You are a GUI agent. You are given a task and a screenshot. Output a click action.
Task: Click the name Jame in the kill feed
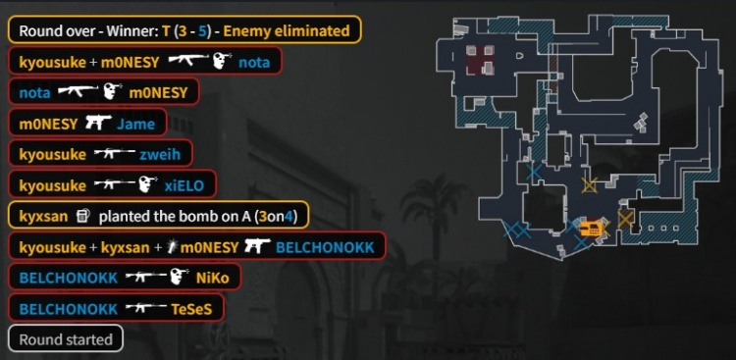[135, 124]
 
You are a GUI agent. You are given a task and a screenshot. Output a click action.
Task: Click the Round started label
[65, 339]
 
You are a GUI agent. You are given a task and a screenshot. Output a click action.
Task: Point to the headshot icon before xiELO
[148, 184]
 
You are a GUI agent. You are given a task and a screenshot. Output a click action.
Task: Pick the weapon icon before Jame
[96, 124]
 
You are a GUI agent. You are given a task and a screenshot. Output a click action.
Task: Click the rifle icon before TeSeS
[144, 308]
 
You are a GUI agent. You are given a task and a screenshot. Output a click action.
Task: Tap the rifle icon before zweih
[114, 154]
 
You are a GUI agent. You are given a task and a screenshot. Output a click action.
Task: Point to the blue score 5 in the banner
[201, 30]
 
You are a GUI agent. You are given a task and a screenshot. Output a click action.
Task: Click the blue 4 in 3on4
[290, 216]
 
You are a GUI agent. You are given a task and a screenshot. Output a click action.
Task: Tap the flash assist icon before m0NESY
[174, 246]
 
